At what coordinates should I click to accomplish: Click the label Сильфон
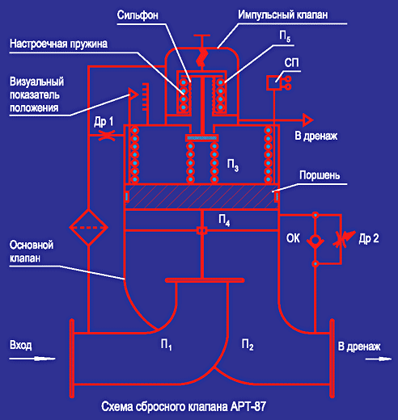[x=138, y=15]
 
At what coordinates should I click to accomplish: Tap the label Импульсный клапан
[x=283, y=15]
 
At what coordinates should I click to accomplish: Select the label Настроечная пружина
[x=58, y=44]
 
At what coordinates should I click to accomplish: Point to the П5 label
[x=285, y=36]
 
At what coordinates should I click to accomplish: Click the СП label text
[x=291, y=63]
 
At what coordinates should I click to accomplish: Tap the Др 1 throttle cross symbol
[x=107, y=135]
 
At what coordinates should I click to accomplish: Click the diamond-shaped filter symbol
[x=89, y=228]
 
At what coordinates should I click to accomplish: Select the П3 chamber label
[x=232, y=165]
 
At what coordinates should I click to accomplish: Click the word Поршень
[x=320, y=175]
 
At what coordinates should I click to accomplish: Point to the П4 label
[x=224, y=220]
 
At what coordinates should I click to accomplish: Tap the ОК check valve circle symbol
[x=315, y=240]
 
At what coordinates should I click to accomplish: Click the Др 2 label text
[x=369, y=238]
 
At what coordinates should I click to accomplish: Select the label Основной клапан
[x=32, y=252]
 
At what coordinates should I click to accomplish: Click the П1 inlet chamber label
[x=166, y=345]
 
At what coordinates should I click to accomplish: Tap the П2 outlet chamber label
[x=248, y=345]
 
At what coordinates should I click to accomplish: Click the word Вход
[x=21, y=345]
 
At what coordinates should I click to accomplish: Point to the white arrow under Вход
[x=32, y=359]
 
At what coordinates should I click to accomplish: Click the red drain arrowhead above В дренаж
[x=307, y=120]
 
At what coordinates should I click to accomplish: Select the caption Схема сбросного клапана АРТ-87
[x=184, y=407]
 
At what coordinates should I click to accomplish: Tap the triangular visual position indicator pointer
[x=133, y=94]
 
